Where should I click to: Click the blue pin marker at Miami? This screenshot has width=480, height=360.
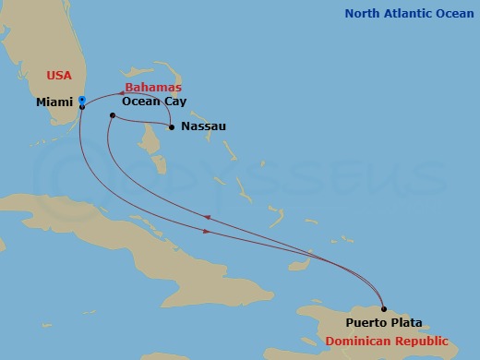pyautogui.click(x=82, y=99)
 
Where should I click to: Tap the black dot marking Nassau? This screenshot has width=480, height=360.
pyautogui.click(x=171, y=126)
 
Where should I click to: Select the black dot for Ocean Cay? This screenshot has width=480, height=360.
pyautogui.click(x=112, y=115)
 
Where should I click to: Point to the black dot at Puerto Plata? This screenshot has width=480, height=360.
pyautogui.click(x=384, y=309)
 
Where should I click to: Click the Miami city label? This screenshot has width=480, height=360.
pyautogui.click(x=54, y=102)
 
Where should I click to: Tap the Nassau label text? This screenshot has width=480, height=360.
pyautogui.click(x=204, y=126)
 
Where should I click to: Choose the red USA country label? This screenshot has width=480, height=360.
pyautogui.click(x=58, y=75)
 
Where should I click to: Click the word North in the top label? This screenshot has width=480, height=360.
pyautogui.click(x=363, y=13)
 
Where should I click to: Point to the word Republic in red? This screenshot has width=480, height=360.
pyautogui.click(x=422, y=341)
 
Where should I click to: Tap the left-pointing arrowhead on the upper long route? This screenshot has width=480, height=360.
pyautogui.click(x=206, y=218)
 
